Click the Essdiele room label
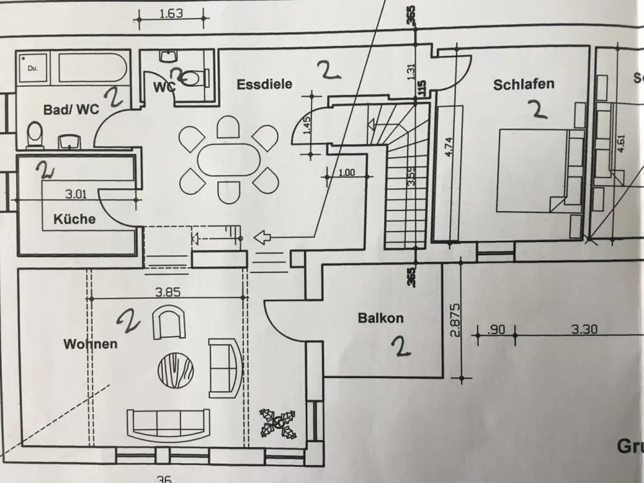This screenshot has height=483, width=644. tap(264, 84)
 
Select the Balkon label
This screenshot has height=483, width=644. tap(381, 317)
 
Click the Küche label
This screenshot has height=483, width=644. tap(74, 219)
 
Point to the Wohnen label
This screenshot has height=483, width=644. tap(90, 344)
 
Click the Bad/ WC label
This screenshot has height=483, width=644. tap(71, 109)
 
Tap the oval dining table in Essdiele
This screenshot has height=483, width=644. tap(229, 158)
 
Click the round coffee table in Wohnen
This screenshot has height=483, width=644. tap(176, 369)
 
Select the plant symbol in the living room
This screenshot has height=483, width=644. tap(278, 422)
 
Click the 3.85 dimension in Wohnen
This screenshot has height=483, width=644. tap(168, 291)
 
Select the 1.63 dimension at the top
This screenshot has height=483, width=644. tap(171, 13)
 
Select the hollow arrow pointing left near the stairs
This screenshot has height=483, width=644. tap(263, 238)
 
